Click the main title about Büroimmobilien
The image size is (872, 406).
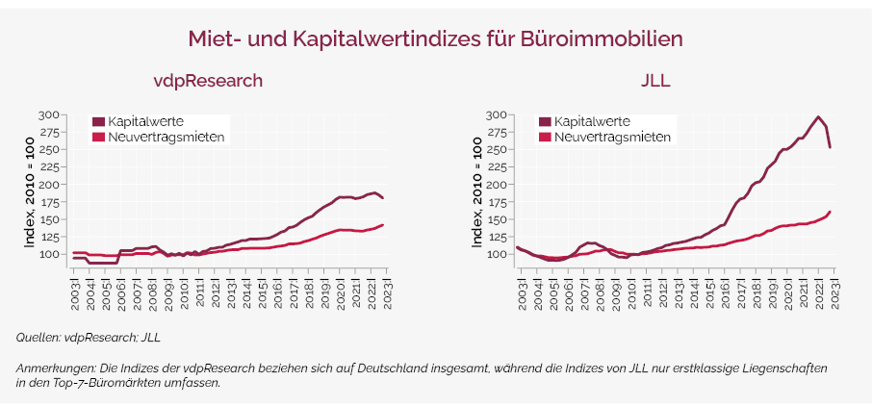435,38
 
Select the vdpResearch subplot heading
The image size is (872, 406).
209,81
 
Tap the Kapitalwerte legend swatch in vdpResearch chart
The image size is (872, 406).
98,121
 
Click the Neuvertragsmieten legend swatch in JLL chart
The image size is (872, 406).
545,137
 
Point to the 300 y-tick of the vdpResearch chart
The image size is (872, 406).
48,115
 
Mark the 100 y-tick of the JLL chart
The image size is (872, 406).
496,254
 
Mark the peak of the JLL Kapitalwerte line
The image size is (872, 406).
817,117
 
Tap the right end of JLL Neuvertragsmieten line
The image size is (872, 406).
830,212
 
